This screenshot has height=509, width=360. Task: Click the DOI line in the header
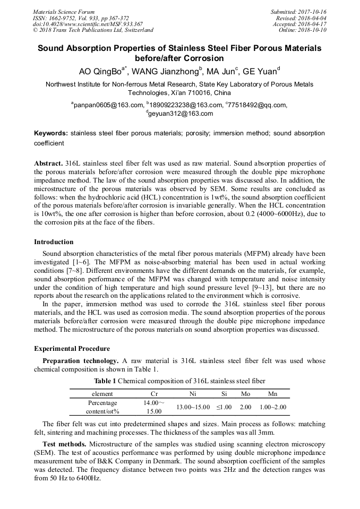coord(88,24)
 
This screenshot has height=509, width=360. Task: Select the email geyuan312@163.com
coord(181,114)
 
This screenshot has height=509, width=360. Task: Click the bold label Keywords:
coord(51,133)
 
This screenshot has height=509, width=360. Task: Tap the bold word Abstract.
coord(48,163)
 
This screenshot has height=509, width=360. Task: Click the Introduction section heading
coord(54,242)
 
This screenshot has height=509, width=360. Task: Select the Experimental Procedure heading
coord(72,349)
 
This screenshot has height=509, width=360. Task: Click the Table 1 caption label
coord(105,381)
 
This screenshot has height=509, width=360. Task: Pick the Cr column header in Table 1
coord(154,394)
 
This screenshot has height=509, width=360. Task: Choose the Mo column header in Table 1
coord(245,394)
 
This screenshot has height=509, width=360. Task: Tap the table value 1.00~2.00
coord(272,407)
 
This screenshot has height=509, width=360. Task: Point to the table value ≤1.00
coord(224,407)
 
